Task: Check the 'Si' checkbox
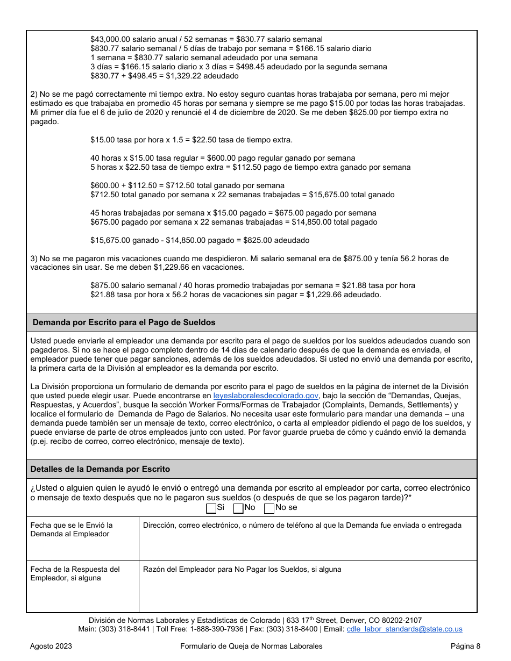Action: (211, 508)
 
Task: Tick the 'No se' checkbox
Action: (269, 508)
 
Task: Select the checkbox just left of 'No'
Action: (238, 508)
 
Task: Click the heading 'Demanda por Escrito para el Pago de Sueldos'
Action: (124, 322)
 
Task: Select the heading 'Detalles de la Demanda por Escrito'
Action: (100, 469)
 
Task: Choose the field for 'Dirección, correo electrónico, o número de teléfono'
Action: (308, 543)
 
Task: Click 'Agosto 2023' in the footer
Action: (51, 646)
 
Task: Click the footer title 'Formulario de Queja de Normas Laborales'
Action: (251, 646)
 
